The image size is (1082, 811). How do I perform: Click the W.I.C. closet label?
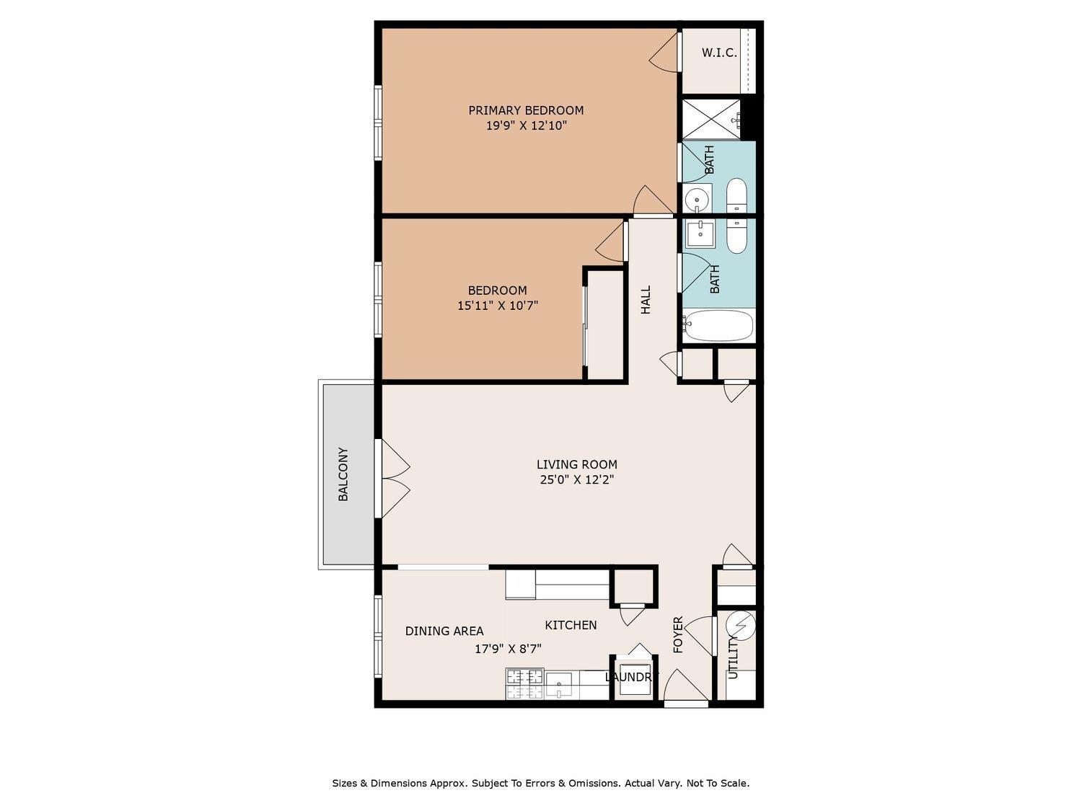pos(719,53)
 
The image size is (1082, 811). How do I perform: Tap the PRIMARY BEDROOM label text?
pos(526,110)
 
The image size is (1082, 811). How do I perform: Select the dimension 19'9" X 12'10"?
pos(527,125)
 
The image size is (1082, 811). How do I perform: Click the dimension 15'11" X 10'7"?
pos(498,305)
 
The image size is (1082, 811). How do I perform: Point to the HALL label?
pos(646,300)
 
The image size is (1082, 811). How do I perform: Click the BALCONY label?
pos(343,474)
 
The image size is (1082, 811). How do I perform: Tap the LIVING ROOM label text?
pos(577,464)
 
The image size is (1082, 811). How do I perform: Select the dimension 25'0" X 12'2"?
pos(577,479)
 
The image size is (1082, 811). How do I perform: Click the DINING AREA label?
pos(444,631)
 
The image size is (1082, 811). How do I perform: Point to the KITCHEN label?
pos(571,625)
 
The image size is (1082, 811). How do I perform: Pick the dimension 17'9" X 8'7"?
pos(508,649)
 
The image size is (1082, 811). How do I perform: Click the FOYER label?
pos(678,634)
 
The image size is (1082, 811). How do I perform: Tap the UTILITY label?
pos(733,657)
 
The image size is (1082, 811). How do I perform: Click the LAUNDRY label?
pos(631,677)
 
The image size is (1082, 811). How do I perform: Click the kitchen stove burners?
pos(524,684)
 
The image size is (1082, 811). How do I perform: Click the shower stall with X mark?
pos(711,120)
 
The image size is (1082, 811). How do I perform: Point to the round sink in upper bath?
pos(697,200)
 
